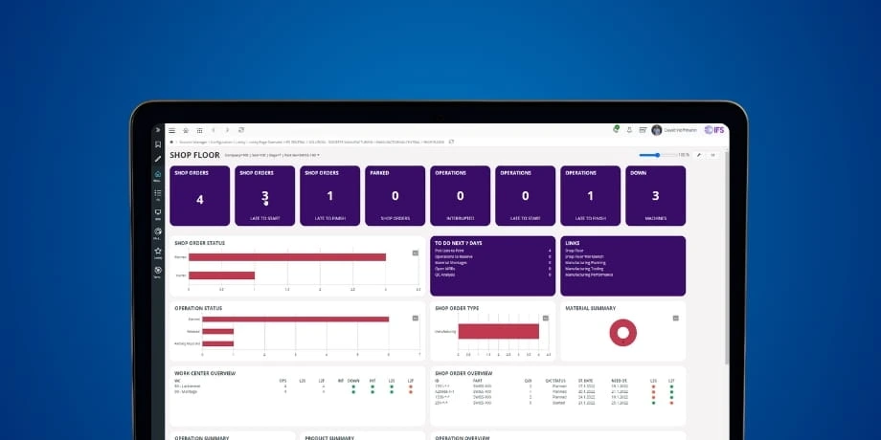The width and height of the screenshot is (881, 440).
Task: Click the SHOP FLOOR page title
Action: (x=194, y=154)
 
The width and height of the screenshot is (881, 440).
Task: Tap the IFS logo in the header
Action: (x=713, y=130)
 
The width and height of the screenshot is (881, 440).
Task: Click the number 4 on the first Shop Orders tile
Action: (x=200, y=200)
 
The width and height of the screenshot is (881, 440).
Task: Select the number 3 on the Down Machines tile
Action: (x=656, y=196)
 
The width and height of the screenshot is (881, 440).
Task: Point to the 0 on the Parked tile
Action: (x=395, y=196)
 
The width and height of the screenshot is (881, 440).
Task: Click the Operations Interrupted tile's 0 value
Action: (x=460, y=196)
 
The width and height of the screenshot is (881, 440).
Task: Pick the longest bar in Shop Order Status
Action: (x=287, y=256)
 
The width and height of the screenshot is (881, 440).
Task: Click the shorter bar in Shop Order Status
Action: (x=222, y=275)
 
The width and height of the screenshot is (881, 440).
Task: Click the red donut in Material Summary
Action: (x=623, y=332)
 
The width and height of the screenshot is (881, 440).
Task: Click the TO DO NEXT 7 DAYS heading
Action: (x=459, y=242)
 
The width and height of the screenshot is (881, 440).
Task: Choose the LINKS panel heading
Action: (x=573, y=242)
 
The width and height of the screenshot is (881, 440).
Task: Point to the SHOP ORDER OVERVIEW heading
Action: (x=463, y=373)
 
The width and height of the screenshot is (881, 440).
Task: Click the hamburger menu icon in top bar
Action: (x=172, y=130)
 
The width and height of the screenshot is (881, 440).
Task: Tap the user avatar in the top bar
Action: (x=656, y=130)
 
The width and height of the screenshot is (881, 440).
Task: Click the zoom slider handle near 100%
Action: (x=658, y=154)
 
